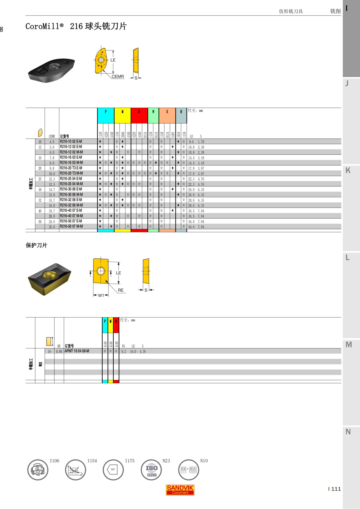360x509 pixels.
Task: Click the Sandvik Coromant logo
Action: [x=180, y=490]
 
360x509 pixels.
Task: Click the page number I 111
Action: [x=334, y=489]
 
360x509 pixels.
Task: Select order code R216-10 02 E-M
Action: [x=71, y=141]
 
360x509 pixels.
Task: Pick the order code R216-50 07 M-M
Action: [x=71, y=226]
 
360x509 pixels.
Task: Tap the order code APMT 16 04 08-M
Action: [x=77, y=351]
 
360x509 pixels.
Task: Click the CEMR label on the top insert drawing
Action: [x=118, y=76]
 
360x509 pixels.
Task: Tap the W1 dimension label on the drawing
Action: [x=101, y=295]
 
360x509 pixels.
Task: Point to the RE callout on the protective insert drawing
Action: [x=121, y=290]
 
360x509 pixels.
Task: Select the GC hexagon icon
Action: [x=113, y=469]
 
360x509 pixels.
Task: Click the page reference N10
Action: [x=204, y=461]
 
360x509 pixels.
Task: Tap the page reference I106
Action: [x=55, y=461]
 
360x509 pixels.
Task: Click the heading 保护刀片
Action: [x=36, y=245]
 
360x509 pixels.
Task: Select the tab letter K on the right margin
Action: [x=348, y=170]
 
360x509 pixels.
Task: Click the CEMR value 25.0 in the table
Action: [x=52, y=227]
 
